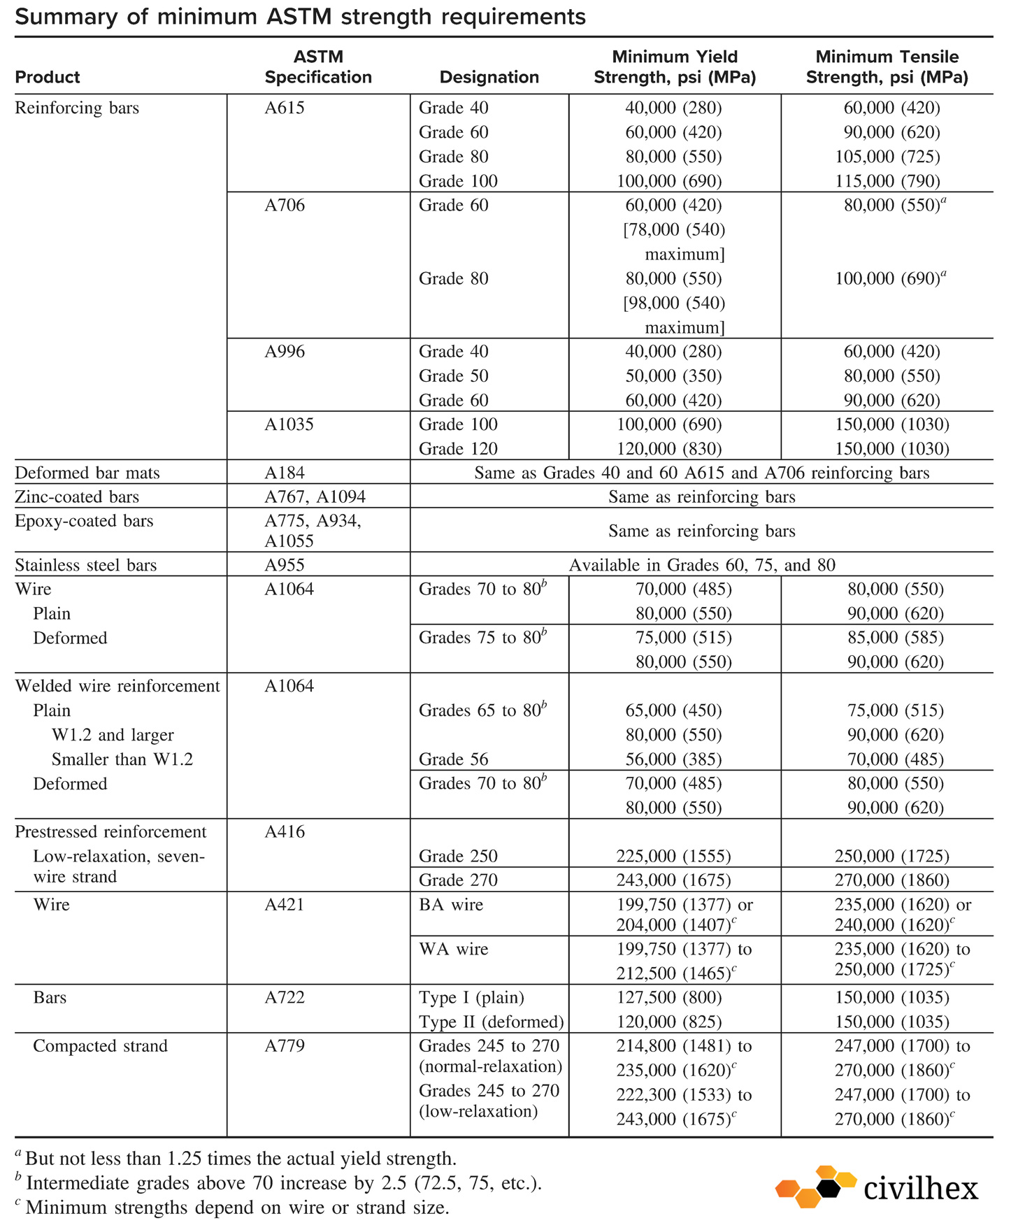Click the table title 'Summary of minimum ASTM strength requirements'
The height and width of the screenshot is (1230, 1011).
click(x=300, y=16)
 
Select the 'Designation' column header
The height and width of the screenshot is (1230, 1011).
click(x=489, y=77)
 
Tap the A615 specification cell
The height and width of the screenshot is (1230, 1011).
click(x=285, y=108)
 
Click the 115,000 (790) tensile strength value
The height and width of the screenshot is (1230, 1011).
click(x=887, y=181)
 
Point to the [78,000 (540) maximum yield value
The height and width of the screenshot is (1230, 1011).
click(x=674, y=230)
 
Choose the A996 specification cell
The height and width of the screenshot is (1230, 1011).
click(x=285, y=352)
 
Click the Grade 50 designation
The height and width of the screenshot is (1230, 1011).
click(x=453, y=376)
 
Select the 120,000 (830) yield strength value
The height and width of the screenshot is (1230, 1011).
click(x=668, y=449)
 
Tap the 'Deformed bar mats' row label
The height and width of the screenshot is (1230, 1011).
click(x=87, y=473)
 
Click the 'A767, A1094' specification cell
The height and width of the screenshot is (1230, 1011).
click(x=315, y=497)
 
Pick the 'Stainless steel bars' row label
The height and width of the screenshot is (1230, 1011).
click(x=86, y=565)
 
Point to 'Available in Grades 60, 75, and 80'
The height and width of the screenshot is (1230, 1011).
click(x=701, y=565)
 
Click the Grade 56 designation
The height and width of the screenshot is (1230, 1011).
click(x=453, y=759)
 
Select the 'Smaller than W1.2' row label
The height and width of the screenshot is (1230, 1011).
click(x=122, y=759)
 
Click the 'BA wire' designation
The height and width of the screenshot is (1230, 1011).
click(x=451, y=905)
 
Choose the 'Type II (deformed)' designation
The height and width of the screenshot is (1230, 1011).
click(x=491, y=1022)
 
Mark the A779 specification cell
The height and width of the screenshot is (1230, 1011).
click(x=285, y=1046)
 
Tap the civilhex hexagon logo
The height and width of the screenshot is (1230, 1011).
click(x=815, y=1187)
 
